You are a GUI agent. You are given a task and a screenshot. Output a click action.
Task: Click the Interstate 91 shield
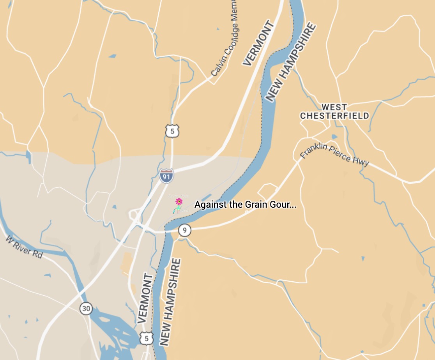(166, 176)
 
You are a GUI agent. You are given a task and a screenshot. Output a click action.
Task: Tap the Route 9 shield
(185, 230)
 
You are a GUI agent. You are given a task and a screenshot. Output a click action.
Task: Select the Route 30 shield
(86, 309)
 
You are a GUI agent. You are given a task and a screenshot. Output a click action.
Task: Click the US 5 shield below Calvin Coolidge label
(172, 131)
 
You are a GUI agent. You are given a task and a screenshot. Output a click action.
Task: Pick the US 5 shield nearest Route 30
(147, 338)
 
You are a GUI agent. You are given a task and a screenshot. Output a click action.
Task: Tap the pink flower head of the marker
(179, 201)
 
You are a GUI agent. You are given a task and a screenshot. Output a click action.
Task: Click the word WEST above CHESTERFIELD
(334, 107)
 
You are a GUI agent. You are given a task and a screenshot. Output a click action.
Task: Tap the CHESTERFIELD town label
(334, 116)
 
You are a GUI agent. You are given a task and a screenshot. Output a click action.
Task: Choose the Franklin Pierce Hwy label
(334, 155)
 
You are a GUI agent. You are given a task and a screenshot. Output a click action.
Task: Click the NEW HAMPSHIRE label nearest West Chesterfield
(290, 62)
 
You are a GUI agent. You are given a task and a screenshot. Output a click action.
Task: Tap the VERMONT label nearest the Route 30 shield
(145, 298)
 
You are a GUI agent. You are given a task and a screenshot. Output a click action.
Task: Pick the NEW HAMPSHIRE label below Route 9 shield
(171, 302)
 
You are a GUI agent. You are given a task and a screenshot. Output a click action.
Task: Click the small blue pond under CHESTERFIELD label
(334, 137)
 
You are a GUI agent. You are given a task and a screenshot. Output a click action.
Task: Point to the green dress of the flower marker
(178, 209)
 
